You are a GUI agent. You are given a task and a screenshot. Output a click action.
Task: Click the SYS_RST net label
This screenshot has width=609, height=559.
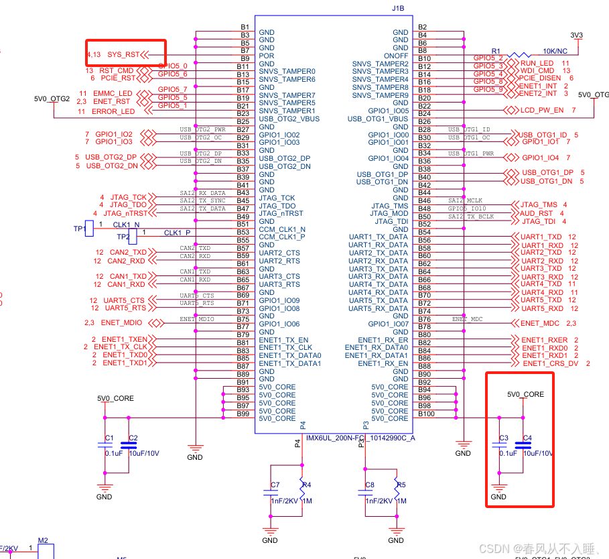124,54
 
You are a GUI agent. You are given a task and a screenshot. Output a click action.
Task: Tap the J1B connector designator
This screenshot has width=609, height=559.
398,9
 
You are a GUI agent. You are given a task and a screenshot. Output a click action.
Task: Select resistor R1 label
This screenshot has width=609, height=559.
496,50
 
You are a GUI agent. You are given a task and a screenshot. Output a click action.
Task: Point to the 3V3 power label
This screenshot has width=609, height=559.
576,35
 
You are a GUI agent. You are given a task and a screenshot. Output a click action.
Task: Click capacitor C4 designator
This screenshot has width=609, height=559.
527,438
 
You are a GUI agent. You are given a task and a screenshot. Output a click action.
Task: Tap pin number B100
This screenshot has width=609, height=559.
426,414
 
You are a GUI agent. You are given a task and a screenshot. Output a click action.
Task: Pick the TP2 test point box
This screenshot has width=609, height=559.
132,236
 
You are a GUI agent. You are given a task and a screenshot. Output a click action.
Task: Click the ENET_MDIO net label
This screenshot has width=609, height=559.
121,323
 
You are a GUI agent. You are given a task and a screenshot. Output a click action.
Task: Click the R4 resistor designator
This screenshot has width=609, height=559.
306,485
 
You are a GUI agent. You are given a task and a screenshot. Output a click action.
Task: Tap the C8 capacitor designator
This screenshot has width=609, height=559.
370,485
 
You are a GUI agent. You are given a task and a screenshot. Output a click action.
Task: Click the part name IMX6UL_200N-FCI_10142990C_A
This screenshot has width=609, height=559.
360,438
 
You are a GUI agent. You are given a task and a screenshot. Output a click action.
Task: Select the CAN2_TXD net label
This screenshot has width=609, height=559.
127,253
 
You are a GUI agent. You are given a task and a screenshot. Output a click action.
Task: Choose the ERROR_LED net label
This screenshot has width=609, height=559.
113,111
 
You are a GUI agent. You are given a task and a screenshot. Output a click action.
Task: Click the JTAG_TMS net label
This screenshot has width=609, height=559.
539,205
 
